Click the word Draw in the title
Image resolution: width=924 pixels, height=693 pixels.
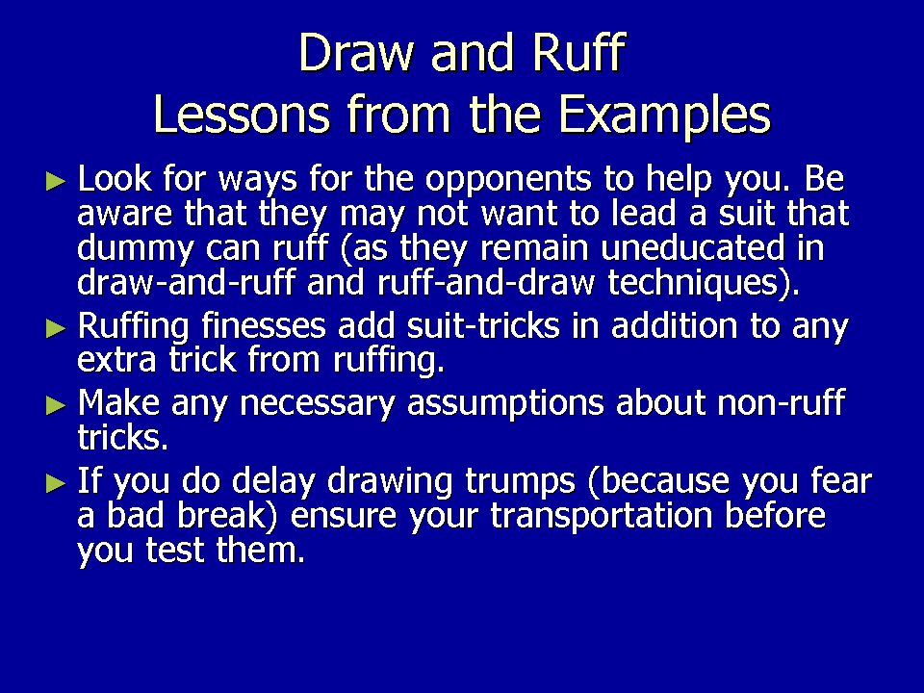coord(357,52)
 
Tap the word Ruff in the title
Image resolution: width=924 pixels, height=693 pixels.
coord(578,52)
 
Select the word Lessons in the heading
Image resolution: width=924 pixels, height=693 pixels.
coord(242,114)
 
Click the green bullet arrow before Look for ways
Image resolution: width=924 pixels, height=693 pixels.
coord(56,182)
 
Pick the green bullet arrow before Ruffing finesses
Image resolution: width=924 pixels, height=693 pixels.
coord(56,329)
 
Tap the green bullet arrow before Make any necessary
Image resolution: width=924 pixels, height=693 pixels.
coord(56,405)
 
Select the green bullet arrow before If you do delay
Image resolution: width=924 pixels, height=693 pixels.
coord(56,483)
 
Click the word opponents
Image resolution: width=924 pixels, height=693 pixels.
coord(508,181)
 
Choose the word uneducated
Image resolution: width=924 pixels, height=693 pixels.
coord(693,247)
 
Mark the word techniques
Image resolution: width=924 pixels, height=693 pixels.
coord(700,283)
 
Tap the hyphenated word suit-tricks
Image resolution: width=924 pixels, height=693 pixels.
coord(483,326)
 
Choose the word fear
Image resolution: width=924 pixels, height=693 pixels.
coord(841,480)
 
